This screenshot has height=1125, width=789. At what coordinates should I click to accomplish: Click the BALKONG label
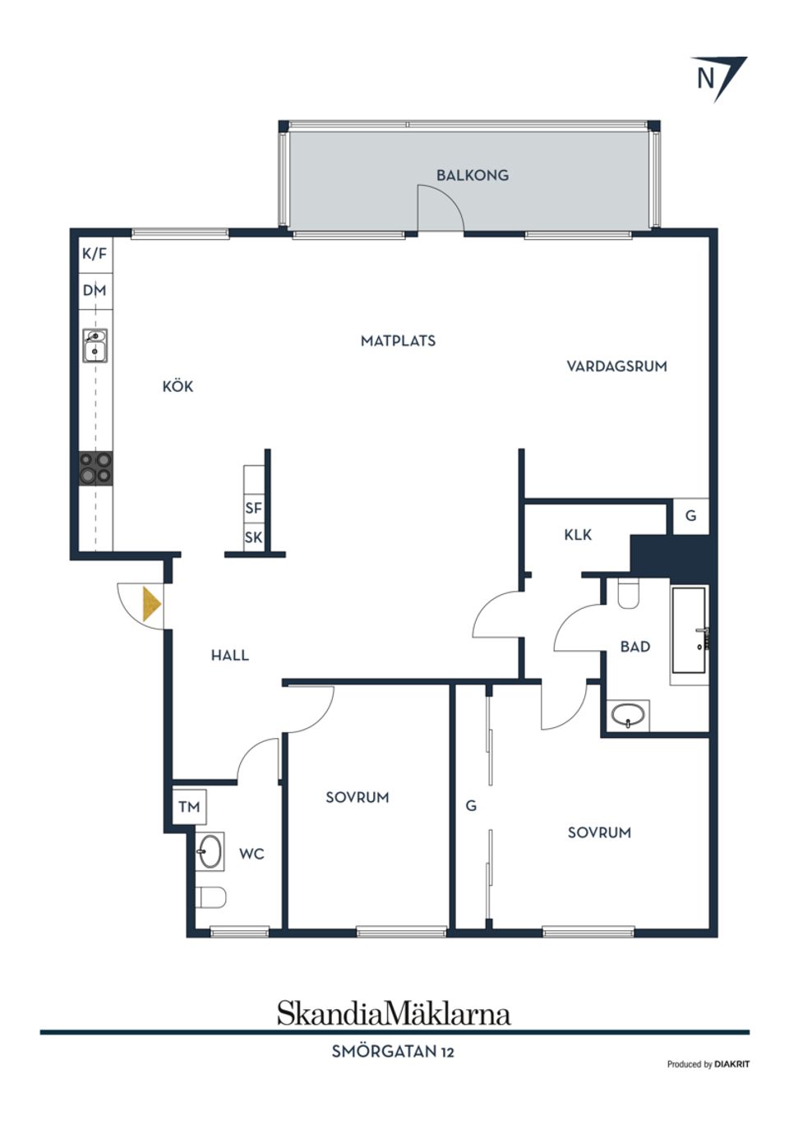coord(472,175)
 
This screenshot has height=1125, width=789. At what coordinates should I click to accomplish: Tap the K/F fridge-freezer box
coord(95,254)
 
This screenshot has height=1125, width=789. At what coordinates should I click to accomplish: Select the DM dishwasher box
coord(95,291)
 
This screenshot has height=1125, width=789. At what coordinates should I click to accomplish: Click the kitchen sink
coord(95,345)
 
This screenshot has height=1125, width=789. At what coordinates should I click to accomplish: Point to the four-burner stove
coord(96,468)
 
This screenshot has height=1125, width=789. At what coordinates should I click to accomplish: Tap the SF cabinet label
coord(254,508)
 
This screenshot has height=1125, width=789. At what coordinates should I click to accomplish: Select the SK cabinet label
coord(254,537)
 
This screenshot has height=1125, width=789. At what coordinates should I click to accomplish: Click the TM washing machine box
coord(189,807)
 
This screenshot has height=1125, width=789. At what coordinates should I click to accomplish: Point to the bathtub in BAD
coord(689,630)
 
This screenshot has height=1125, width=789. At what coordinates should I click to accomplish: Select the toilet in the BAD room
coord(628,593)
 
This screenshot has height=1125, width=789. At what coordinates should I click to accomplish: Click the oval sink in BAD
coord(628,715)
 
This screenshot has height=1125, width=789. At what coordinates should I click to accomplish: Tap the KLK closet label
coord(578,535)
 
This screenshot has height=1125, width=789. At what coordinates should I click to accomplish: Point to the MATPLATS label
coord(398,341)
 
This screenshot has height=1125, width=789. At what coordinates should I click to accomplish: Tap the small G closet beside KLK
coord(691,516)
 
